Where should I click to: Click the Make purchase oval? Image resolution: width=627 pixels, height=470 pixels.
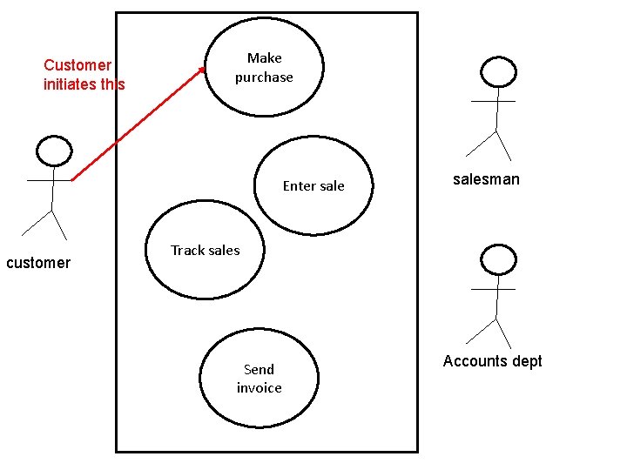coord(264,68)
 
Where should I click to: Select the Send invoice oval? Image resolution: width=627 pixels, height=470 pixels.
coord(259,379)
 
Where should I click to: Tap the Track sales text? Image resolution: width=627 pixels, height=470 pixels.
coord(205,251)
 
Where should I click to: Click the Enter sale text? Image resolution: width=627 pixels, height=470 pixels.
coord(313,185)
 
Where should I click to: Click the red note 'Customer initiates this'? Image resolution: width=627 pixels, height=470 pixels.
coord(84,75)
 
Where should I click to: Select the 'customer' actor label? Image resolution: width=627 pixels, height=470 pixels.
coord(38,263)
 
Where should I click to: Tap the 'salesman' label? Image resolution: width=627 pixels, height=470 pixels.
coord(486,179)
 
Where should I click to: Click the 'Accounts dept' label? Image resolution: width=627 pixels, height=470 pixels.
coord(492,361)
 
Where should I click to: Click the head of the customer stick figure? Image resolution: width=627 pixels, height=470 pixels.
coord(53,151)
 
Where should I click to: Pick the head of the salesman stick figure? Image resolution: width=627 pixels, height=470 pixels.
coord(499,71)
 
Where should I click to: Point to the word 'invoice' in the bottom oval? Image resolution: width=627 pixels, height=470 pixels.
coord(259,388)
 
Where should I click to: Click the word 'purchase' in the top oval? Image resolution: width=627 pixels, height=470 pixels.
coord(264,77)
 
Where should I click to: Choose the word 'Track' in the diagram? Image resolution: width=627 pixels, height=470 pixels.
coord(186,251)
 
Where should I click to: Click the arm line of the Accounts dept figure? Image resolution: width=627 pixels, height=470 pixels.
coord(493,289)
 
